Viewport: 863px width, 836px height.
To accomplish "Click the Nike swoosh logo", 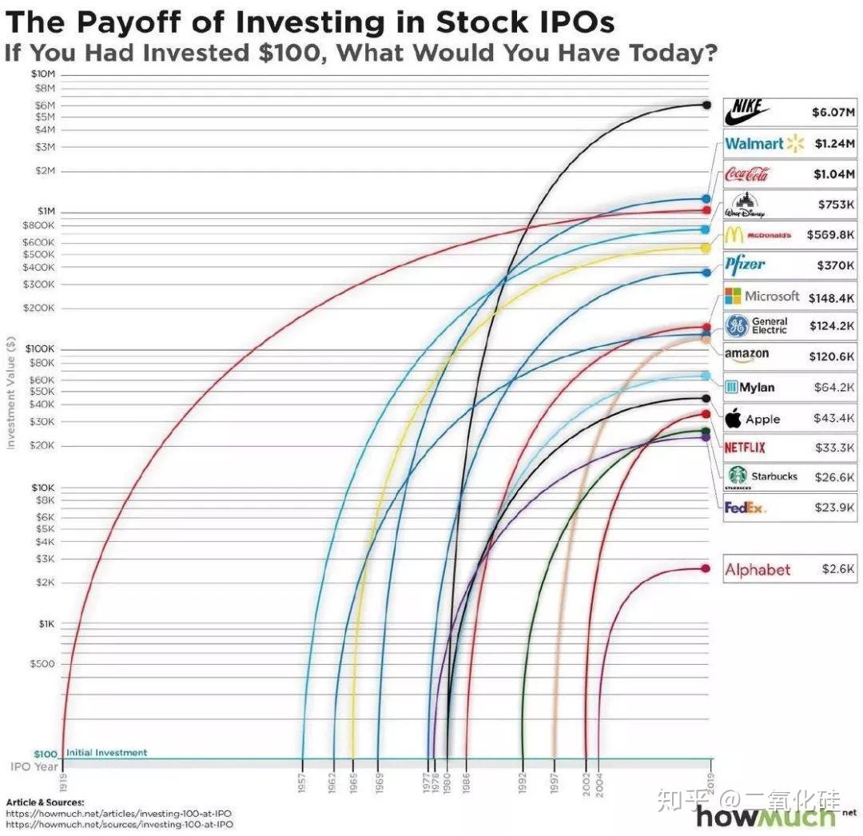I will point(748,113).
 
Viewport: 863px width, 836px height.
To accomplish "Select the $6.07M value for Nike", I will point(833,113).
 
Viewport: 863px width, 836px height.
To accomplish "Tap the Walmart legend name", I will point(754,144).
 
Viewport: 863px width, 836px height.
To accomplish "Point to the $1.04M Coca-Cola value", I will point(833,174).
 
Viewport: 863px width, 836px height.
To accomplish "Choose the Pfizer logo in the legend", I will point(745,265).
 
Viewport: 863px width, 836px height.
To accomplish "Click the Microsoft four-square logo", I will point(733,297).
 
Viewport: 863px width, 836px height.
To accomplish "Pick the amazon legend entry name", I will point(746,354).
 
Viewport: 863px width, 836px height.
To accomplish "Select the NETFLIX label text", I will point(744,448).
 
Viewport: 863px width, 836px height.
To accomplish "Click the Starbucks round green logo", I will point(736,475).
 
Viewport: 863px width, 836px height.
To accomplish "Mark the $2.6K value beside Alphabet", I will point(837,569).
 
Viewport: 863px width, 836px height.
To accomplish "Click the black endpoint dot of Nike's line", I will point(706,105).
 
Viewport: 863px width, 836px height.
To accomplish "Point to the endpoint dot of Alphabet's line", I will point(706,569).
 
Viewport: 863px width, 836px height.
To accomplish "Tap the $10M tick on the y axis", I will point(44,74).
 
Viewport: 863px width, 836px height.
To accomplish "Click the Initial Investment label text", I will point(106,753).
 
